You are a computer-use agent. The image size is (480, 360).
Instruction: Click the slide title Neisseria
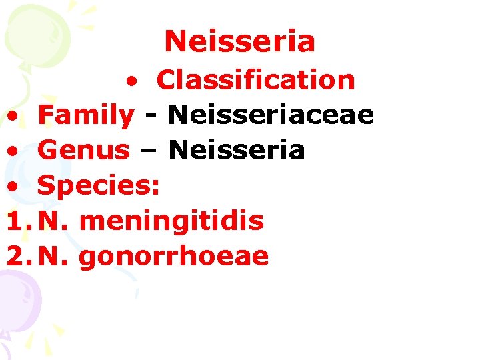[x=239, y=41]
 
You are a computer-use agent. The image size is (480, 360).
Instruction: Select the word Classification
[x=255, y=80]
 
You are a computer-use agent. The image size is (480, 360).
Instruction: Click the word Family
[x=85, y=115]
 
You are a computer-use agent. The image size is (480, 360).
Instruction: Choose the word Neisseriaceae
[x=271, y=115]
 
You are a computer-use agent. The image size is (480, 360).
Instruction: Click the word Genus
[x=83, y=151]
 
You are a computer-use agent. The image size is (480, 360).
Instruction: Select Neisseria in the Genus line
[x=237, y=151]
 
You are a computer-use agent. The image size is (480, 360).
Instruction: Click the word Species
[x=98, y=187]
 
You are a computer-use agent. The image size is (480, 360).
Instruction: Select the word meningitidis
[x=171, y=221]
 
